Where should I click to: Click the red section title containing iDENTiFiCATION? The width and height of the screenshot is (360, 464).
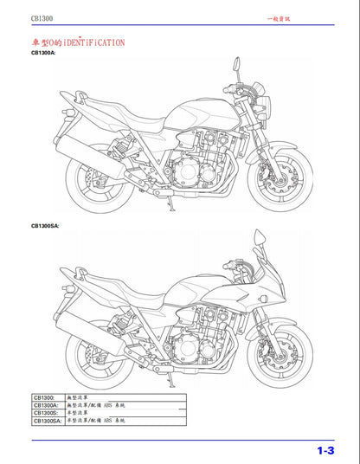(x=77, y=41)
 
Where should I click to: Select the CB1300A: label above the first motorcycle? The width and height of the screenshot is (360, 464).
(x=43, y=54)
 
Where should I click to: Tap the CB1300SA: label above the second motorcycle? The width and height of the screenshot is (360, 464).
(x=45, y=225)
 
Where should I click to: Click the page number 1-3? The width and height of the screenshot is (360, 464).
(x=324, y=449)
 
